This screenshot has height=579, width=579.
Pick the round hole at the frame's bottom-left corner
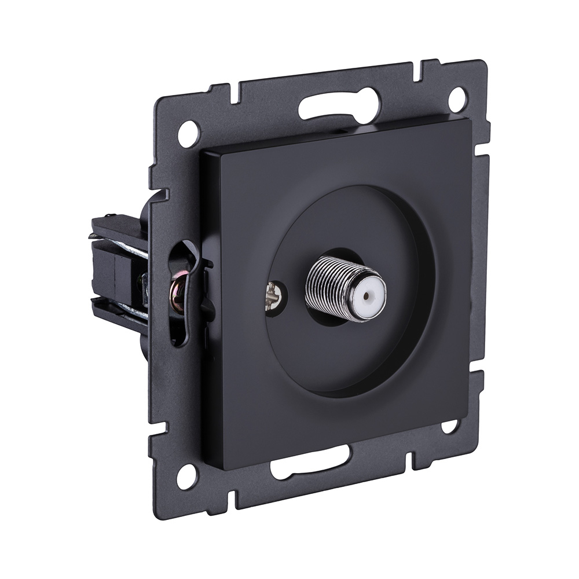coord(186,476)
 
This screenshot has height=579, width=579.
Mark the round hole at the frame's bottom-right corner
coord(449,426)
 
